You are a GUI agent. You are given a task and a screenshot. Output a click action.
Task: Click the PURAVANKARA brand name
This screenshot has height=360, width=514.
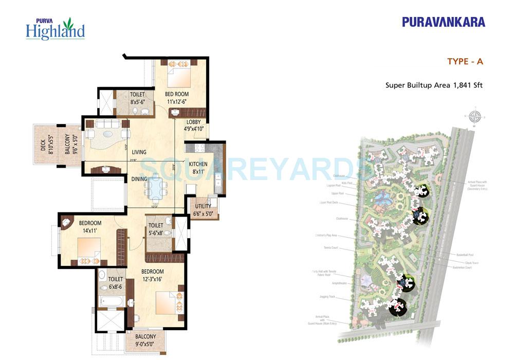click(x=444, y=22)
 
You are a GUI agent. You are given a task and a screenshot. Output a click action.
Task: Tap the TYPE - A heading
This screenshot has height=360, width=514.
click(x=465, y=62)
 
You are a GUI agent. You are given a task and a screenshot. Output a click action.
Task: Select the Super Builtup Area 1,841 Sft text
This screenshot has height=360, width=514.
click(x=434, y=85)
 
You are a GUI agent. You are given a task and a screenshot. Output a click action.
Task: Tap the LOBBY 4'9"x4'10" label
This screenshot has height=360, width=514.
click(x=194, y=125)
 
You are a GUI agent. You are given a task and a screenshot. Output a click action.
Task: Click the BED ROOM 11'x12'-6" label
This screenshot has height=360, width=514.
click(x=176, y=98)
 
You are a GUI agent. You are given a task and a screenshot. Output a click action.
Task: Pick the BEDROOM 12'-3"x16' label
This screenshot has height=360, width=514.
click(x=153, y=275)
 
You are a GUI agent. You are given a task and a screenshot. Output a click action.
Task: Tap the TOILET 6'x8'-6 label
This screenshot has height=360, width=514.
click(x=115, y=283)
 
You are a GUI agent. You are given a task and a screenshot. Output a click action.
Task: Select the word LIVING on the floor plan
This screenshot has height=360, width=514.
click(x=139, y=152)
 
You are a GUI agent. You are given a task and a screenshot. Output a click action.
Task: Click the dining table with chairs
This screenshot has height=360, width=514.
click(x=155, y=188)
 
